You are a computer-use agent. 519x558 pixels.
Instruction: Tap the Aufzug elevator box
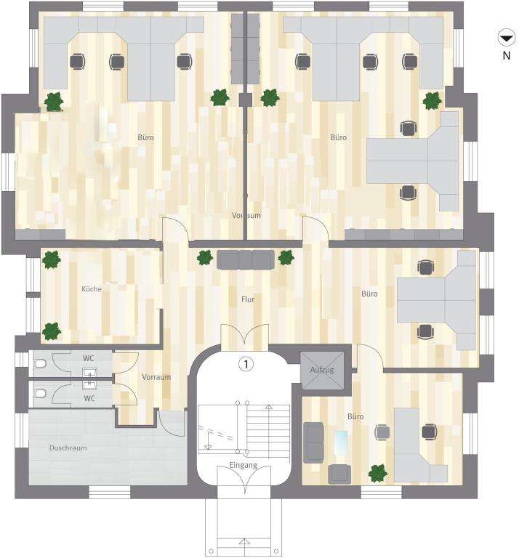click(322, 369)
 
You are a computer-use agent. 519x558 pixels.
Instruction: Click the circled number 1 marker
click(247, 365)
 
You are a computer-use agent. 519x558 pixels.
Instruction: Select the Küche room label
click(92, 289)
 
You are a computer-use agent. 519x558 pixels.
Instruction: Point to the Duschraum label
click(68, 448)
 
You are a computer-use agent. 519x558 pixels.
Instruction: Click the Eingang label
click(243, 464)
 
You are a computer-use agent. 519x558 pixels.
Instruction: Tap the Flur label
click(248, 299)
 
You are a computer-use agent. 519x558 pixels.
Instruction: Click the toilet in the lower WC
click(40, 394)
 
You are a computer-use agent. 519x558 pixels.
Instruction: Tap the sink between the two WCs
click(90, 378)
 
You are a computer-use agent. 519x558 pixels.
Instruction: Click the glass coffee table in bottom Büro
click(340, 442)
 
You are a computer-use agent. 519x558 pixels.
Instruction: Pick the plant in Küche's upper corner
click(51, 259)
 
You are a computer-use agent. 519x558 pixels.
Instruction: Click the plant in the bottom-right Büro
click(377, 473)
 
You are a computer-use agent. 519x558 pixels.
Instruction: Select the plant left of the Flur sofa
click(205, 258)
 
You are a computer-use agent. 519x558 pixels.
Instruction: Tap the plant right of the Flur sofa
click(286, 257)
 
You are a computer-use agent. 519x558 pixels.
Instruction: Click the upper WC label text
click(89, 358)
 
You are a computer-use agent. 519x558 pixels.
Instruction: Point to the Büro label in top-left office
click(146, 137)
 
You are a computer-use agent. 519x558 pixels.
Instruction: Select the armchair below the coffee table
click(339, 474)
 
